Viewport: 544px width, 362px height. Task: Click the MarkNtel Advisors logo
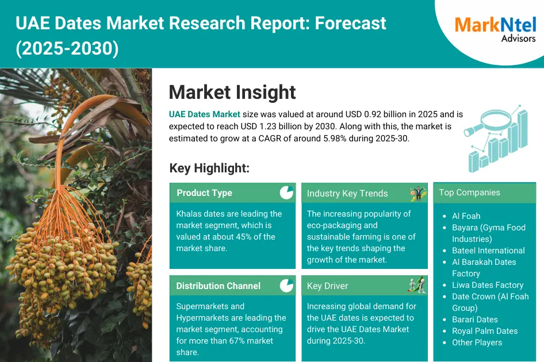[x=495, y=29]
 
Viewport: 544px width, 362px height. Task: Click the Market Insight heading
[x=232, y=92]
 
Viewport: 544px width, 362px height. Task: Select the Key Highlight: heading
[x=209, y=168]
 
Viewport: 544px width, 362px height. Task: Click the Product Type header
[x=204, y=193]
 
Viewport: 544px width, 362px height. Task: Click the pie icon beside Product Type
[x=286, y=192]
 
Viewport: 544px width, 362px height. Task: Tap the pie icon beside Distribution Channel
[x=286, y=286]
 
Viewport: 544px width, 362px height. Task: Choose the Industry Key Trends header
[x=347, y=194]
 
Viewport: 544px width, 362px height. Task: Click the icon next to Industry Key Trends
[x=417, y=194]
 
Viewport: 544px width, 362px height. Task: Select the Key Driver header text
[x=327, y=286]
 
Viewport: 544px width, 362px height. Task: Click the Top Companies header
[x=469, y=192]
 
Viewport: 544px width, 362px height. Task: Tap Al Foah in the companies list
[x=466, y=216]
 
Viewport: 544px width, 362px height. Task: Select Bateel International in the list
[x=488, y=251]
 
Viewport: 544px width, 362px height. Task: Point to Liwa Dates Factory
[x=488, y=285]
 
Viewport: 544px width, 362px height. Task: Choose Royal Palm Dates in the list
[x=485, y=331]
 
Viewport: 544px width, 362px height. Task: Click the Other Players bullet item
[x=477, y=342]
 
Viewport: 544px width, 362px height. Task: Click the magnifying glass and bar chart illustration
[x=497, y=138]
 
